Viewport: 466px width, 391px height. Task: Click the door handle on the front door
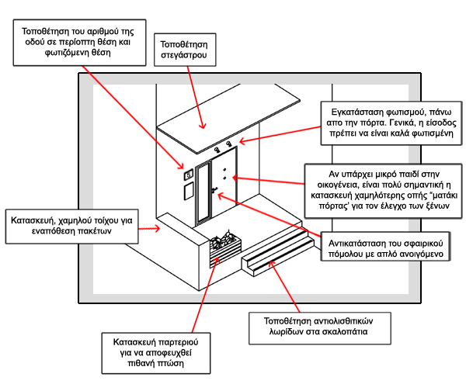point(213,189)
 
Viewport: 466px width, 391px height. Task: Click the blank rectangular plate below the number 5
point(188,189)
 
